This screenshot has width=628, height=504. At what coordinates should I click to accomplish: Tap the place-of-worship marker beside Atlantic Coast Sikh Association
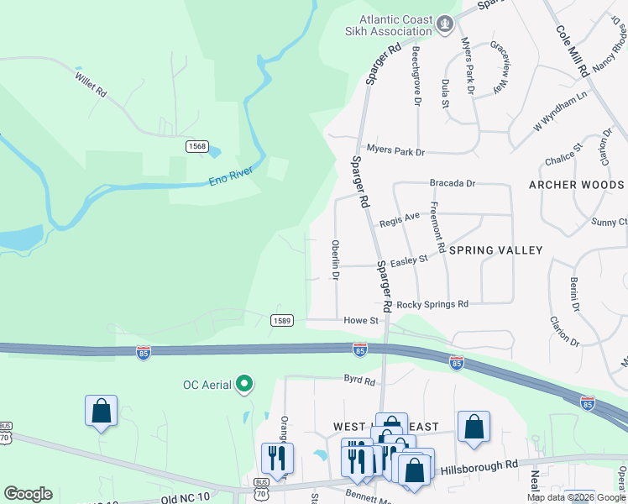(445, 25)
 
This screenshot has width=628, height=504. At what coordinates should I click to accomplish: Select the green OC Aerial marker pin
(244, 385)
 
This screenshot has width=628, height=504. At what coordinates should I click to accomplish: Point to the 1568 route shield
(197, 146)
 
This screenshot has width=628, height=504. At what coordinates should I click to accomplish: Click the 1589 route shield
(282, 320)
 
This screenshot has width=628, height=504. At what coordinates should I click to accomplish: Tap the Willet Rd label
(90, 80)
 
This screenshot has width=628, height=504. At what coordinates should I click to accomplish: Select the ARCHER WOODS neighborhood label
(576, 185)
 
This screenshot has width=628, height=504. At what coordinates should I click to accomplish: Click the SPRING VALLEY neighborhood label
(495, 250)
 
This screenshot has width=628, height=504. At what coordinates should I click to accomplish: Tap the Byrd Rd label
(358, 381)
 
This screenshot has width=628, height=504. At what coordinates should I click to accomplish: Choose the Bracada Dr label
(453, 182)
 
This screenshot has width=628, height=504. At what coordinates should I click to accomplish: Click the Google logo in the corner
(28, 494)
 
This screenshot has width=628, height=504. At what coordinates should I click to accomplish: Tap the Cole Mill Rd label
(573, 51)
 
